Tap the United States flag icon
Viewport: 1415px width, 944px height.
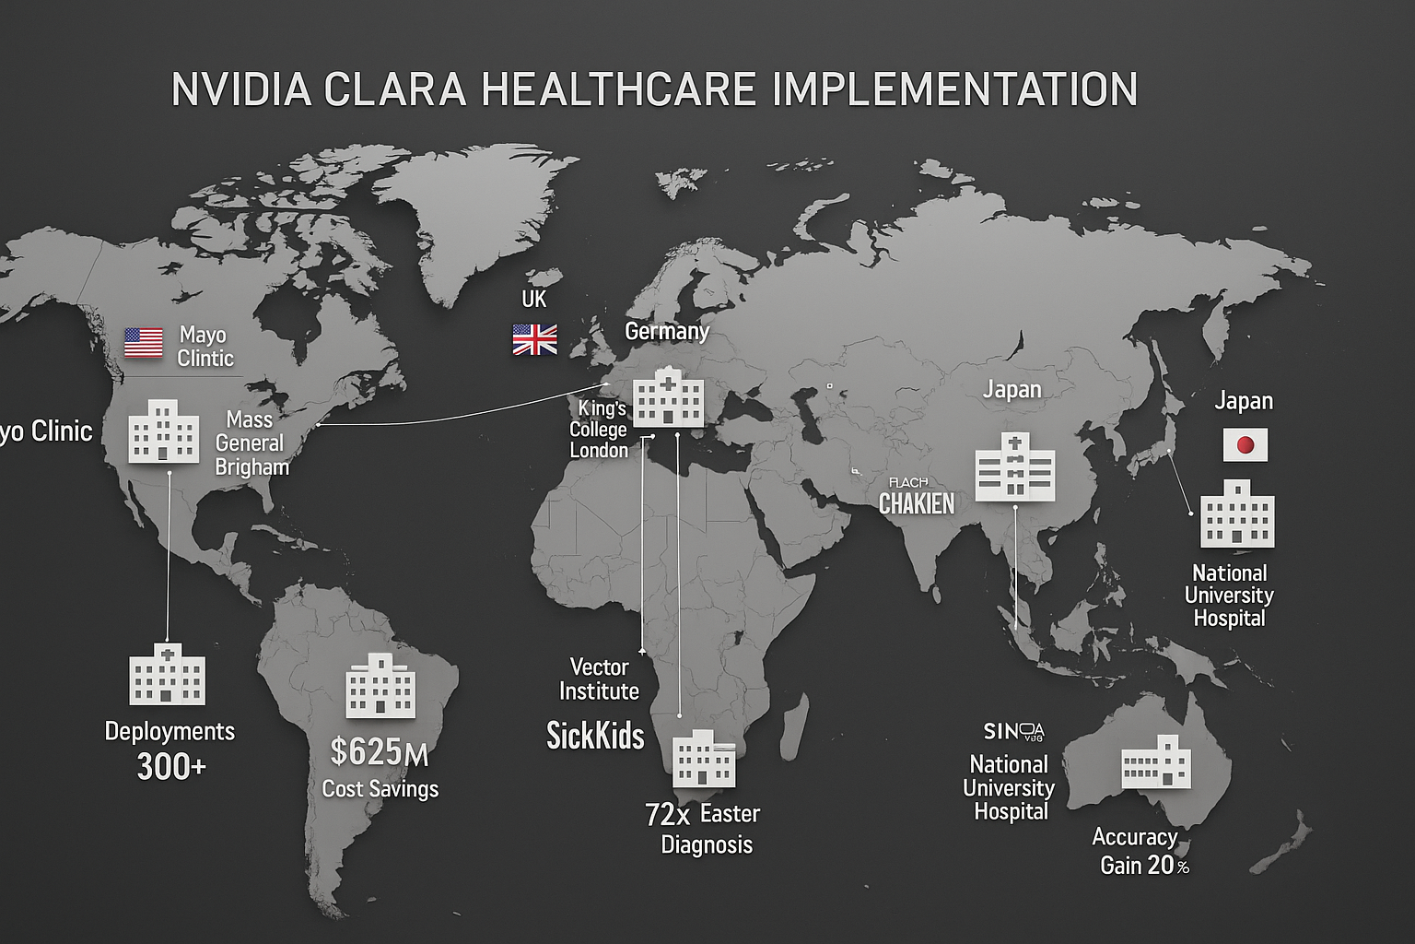[144, 342]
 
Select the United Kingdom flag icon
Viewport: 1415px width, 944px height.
[534, 339]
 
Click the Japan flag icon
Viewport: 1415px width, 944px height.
[1245, 445]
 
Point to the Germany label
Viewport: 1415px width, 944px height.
[667, 331]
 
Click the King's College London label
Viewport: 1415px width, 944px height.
[599, 429]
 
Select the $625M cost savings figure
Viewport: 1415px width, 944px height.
[379, 752]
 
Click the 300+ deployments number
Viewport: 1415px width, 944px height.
[171, 766]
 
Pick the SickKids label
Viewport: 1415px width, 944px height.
[595, 735]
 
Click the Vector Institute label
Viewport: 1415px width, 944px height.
[599, 678]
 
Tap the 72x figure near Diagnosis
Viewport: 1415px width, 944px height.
[667, 815]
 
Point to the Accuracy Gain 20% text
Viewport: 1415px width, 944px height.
[1140, 851]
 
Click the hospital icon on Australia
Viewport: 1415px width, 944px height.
[1155, 762]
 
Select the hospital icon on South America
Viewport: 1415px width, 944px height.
[380, 686]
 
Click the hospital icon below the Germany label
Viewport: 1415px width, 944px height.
[669, 398]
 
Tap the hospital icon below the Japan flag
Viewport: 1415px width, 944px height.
[1237, 513]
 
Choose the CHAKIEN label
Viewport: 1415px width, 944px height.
[916, 503]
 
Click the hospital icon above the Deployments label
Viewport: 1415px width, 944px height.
[167, 675]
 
